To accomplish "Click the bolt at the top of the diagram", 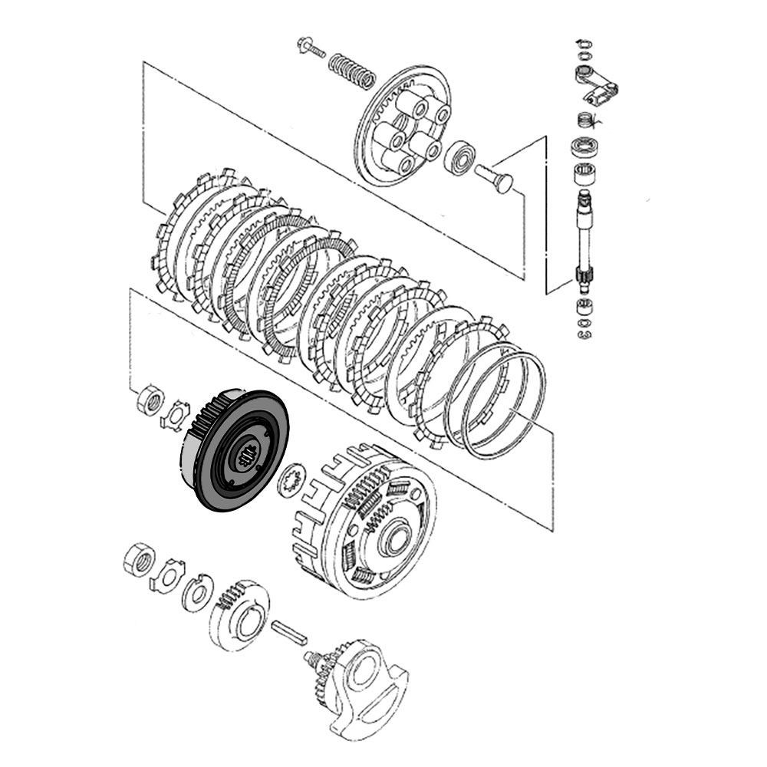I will (310, 48).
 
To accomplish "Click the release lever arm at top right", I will (594, 86).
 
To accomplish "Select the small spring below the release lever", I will (586, 121).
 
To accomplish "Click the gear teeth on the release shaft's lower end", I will (584, 275).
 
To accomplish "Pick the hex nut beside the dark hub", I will (150, 400).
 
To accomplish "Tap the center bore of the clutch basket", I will (397, 540).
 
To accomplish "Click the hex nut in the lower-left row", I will (138, 562).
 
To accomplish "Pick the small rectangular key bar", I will (290, 630).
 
